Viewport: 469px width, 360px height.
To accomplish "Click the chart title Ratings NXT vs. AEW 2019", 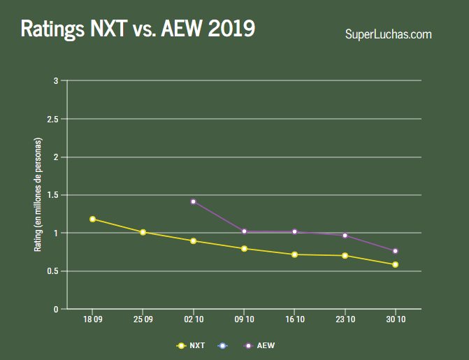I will pos(138,29).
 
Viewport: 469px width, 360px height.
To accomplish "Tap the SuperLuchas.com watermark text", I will pos(388,34).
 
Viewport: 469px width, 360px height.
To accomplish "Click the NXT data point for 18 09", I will pos(92,219).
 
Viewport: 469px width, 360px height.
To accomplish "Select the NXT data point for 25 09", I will pos(143,232).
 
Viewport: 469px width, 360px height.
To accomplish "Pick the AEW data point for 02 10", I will pos(194,201).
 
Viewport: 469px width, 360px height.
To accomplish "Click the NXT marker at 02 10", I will pos(194,241).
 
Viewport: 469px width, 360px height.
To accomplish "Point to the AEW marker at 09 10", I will pos(244,231).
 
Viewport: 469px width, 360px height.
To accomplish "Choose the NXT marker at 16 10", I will pos(294,254).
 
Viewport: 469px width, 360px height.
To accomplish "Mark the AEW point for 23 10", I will pos(345,236).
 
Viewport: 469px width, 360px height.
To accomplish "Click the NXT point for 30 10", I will pos(396,264).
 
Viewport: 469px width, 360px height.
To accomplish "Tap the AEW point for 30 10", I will pos(396,251).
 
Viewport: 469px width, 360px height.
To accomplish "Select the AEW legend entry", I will pos(258,345).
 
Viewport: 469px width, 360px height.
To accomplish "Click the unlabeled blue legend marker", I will pos(222,345).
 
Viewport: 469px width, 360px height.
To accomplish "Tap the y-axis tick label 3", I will pos(55,81).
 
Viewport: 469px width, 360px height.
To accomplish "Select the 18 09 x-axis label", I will pos(92,319).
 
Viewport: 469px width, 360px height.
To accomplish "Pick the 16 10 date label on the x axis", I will pos(294,319).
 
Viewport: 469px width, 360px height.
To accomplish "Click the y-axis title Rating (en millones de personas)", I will pos(38,195).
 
